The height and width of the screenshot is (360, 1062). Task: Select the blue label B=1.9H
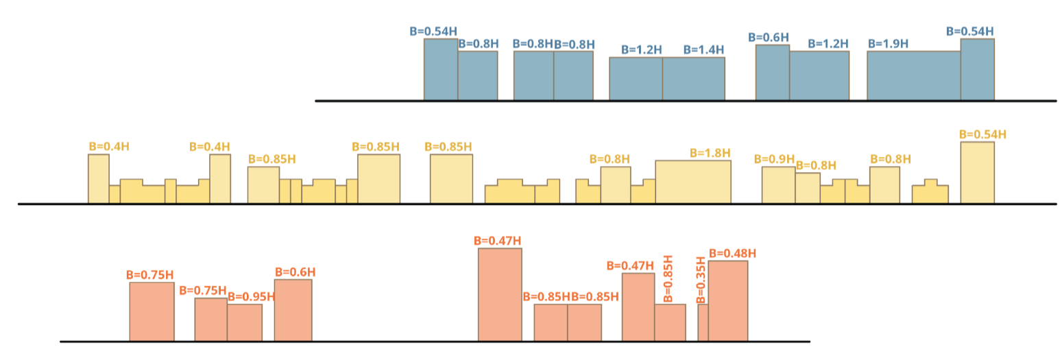(888, 43)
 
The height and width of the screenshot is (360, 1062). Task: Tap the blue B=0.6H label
(769, 37)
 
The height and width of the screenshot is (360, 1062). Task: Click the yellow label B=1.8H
(710, 153)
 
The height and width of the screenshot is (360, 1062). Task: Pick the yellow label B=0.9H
(774, 159)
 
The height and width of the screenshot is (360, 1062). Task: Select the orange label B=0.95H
(250, 297)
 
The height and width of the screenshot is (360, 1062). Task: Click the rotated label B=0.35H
(701, 280)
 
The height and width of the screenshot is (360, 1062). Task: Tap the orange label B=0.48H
(732, 253)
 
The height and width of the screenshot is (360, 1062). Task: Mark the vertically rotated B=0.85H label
(668, 279)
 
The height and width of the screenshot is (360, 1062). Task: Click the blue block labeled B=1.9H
(913, 75)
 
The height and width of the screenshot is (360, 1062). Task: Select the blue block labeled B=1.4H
(693, 78)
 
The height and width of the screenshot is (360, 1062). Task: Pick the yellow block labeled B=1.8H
(693, 182)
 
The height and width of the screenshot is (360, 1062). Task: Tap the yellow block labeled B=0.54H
(977, 172)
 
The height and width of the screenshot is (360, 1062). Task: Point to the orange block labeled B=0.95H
(245, 322)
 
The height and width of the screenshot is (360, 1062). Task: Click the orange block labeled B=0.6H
(293, 310)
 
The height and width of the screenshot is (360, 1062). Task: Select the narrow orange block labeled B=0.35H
(703, 322)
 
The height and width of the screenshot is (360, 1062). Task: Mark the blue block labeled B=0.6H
(772, 72)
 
